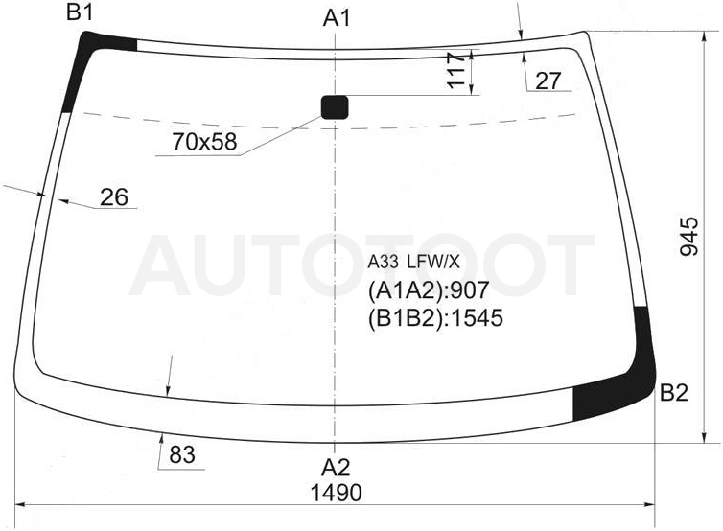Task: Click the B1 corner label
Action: pos(80,12)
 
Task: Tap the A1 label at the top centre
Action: pos(337,18)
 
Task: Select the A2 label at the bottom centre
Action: pos(336,468)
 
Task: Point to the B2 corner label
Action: pos(674,393)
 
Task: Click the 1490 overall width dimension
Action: pos(337,493)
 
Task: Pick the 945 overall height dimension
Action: pos(689,237)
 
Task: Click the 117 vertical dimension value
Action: pos(456,71)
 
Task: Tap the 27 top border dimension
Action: pos(548,81)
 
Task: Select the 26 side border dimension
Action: pos(114,197)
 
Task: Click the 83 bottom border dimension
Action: pos(182,455)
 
